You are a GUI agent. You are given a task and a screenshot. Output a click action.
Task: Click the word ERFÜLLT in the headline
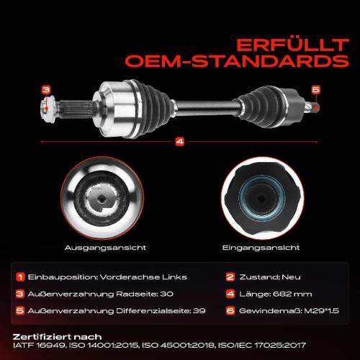(292, 45)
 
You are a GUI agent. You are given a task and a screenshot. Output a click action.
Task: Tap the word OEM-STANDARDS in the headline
(237, 61)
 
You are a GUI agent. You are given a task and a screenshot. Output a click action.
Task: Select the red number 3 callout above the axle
(46, 90)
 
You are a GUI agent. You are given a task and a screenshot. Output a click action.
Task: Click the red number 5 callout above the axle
(316, 89)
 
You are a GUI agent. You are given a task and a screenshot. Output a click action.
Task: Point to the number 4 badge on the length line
(180, 141)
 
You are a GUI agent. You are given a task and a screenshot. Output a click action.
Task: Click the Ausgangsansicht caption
(105, 248)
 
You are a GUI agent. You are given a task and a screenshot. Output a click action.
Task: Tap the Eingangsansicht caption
(261, 248)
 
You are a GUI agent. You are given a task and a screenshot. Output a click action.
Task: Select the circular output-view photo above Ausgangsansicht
(102, 198)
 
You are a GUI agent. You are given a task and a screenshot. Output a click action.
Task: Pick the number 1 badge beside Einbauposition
(20, 277)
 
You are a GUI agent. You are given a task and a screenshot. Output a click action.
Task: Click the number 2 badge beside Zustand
(230, 277)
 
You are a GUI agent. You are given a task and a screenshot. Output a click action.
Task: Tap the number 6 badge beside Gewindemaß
(230, 310)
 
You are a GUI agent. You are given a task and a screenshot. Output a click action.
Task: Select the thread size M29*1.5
(322, 311)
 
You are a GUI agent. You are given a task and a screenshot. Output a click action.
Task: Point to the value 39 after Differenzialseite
(199, 311)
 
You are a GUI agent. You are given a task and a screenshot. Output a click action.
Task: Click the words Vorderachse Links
(143, 277)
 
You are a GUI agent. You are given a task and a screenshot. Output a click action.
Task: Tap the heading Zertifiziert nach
(57, 337)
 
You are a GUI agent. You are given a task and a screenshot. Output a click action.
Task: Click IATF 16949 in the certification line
(39, 345)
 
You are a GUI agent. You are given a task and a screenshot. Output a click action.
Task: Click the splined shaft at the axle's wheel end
(76, 109)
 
